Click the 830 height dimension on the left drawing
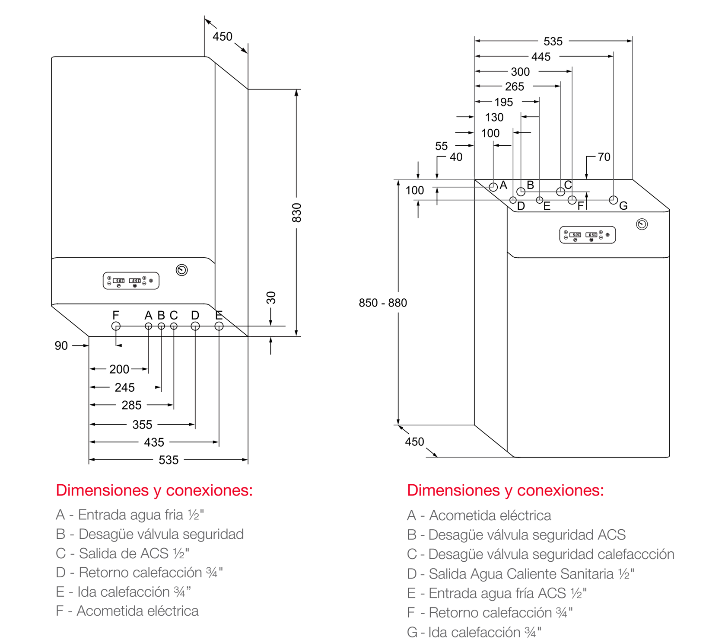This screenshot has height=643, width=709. (x=296, y=212)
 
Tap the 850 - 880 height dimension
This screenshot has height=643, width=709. (x=382, y=303)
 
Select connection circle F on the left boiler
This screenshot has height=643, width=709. (x=116, y=326)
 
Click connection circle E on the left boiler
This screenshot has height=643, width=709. (x=219, y=326)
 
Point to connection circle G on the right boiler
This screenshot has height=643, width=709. (x=614, y=200)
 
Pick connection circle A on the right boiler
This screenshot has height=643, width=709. (x=493, y=187)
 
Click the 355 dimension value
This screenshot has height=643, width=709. (x=142, y=425)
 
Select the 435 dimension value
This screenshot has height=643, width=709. (x=154, y=442)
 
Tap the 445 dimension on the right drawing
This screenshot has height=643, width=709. (x=541, y=57)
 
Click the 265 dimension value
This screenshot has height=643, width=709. (x=515, y=86)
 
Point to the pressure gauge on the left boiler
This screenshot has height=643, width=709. (x=182, y=270)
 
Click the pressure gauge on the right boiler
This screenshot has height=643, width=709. (x=642, y=224)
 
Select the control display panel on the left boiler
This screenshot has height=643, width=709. (x=131, y=281)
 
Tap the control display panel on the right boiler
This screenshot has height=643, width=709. (x=588, y=235)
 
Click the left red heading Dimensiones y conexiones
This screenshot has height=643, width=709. (x=154, y=490)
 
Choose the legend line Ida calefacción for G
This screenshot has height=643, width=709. (x=474, y=632)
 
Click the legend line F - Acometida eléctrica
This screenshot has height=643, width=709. (x=127, y=611)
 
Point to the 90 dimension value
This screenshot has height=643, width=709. (x=61, y=345)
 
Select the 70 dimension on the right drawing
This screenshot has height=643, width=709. (x=604, y=157)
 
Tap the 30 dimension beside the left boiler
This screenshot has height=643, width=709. (x=271, y=298)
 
